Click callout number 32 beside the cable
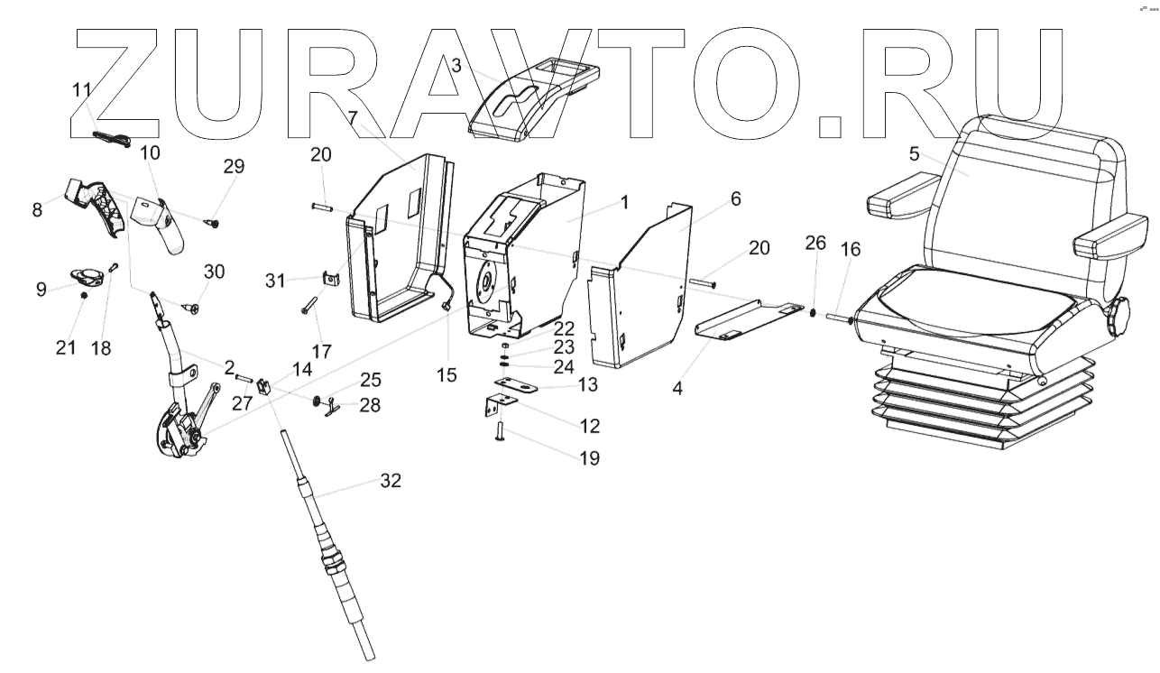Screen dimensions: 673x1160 click(x=390, y=482)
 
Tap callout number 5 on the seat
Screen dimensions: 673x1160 click(x=914, y=153)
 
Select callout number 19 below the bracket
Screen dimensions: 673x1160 click(x=589, y=458)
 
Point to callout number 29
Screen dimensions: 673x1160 click(x=234, y=167)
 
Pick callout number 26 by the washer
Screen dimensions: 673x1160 click(x=815, y=243)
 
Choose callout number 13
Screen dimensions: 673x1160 click(x=587, y=384)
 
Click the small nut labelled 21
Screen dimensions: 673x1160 click(x=84, y=295)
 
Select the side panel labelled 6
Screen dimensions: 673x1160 click(x=640, y=298)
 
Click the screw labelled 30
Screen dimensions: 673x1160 click(x=192, y=309)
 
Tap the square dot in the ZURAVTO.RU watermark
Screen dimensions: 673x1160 click(x=832, y=127)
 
